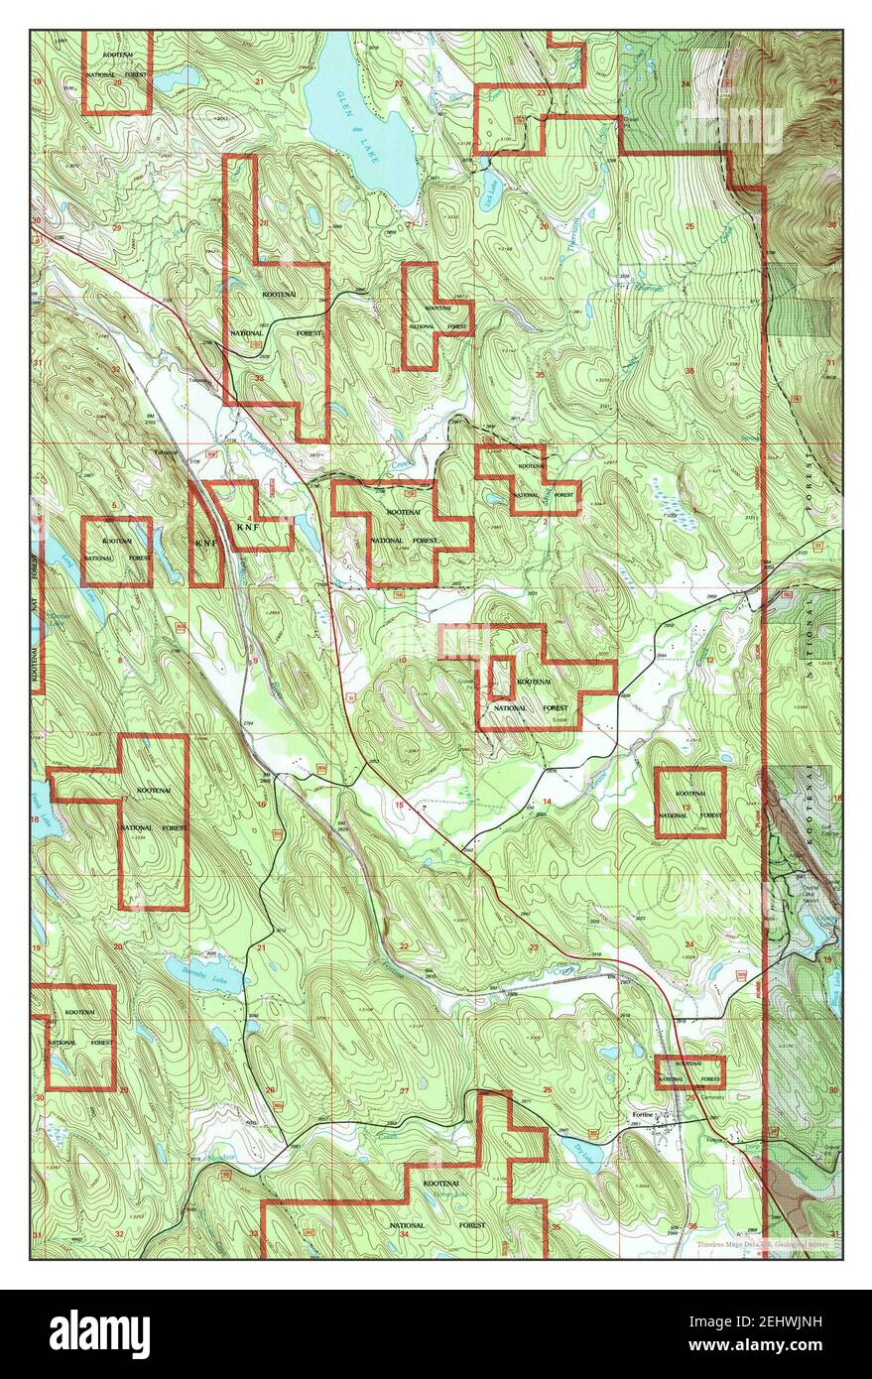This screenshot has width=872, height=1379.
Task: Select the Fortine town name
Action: [x=643, y=1114]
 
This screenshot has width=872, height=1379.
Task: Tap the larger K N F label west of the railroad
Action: [x=205, y=543]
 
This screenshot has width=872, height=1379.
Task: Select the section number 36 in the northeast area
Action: [x=688, y=371]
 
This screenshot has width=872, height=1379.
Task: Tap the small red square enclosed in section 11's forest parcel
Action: [x=501, y=678]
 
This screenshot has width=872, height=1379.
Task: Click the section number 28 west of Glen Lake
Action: [x=263, y=222]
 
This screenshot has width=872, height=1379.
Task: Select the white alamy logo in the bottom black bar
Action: [x=99, y=1334]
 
